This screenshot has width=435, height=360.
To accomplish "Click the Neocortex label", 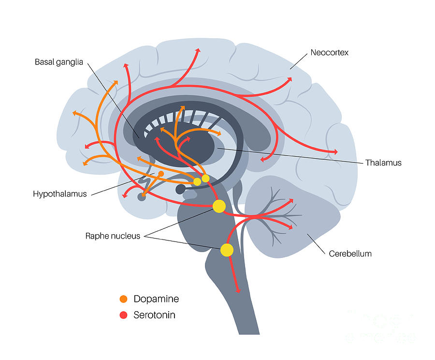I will tap(329, 52).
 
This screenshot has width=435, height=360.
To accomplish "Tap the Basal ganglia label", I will tap(59, 62).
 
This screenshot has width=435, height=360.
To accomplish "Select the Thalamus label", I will tap(383, 163).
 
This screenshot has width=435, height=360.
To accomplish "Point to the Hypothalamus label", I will tap(60, 194).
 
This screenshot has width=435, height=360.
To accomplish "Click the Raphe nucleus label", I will tap(113, 236).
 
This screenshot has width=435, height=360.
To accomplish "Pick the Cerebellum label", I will tap(350, 253).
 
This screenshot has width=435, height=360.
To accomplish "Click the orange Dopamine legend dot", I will tap(123, 299).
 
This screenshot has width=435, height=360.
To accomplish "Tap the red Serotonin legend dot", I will tap(123, 315).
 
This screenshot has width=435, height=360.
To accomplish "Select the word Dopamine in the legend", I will tap(156, 299).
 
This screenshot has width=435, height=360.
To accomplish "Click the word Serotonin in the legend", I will tap(154, 315).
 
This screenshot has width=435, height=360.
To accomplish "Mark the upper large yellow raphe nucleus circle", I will tap(219, 207).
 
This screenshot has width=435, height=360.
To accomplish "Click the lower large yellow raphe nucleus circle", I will tap(227, 250).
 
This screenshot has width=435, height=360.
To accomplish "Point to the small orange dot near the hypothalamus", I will tap(161, 174).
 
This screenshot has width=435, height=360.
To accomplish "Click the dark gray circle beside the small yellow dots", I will tap(180, 189).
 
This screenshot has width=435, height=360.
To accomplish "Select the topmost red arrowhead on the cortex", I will tap(198, 50).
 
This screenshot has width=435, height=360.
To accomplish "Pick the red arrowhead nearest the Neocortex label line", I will tap(290, 81).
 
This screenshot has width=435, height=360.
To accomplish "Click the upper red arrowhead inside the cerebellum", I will tap(291, 200).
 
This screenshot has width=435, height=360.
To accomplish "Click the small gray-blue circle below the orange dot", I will tap(142, 197).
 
